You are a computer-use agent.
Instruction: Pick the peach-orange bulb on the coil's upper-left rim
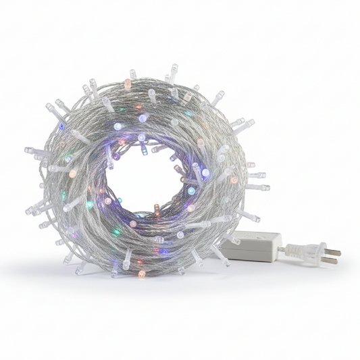pyautogui.click(x=127, y=84)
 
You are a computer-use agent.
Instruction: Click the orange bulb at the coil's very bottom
pyautogui.click(x=141, y=274)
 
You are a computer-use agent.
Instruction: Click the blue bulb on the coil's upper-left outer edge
pyautogui.click(x=61, y=126)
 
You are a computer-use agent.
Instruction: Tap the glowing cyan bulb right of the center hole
pyautogui.click(x=191, y=191)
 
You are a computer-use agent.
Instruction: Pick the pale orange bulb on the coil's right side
pyautogui.click(x=234, y=180)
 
